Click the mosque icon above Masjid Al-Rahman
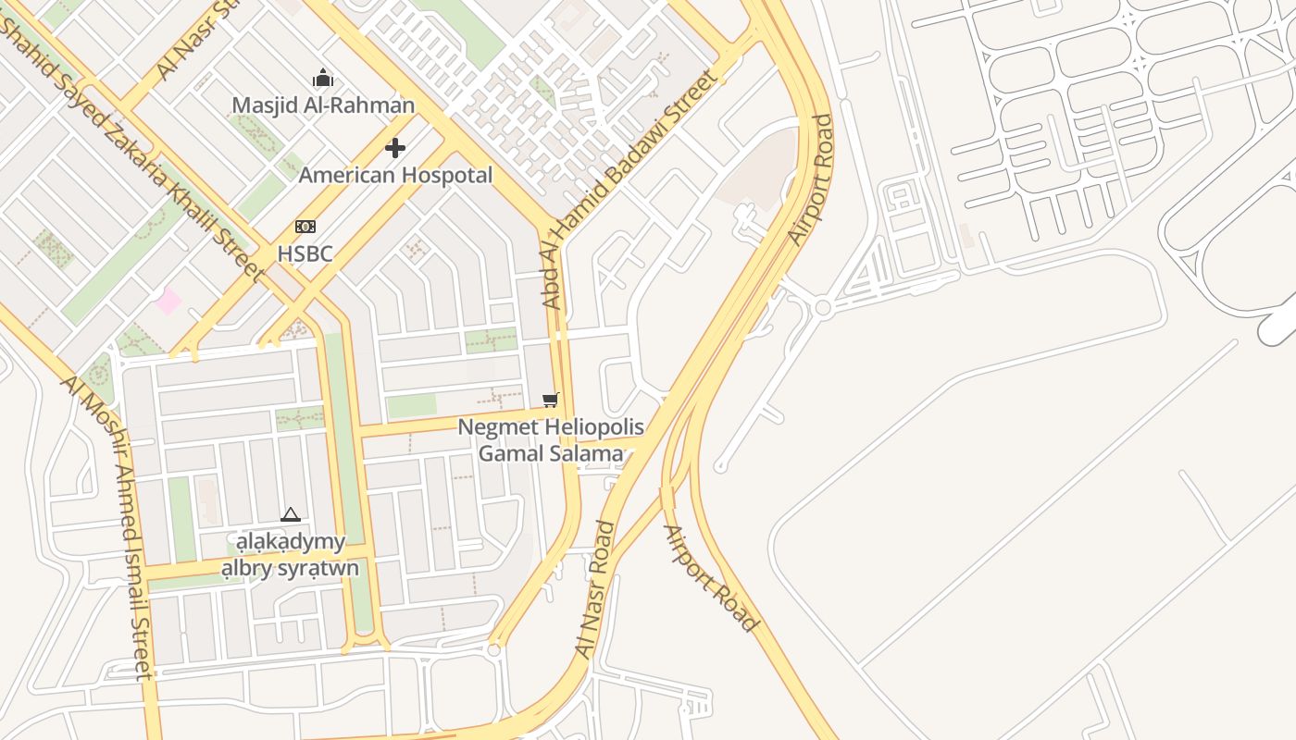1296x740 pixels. [322, 78]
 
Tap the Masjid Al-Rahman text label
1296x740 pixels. [323, 105]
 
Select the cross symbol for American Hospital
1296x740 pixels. [395, 148]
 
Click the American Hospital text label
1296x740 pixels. [395, 175]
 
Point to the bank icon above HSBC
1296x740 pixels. [305, 227]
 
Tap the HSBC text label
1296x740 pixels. [305, 253]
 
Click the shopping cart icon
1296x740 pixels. [551, 400]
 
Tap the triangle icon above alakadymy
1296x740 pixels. [291, 514]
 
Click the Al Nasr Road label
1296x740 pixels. [595, 590]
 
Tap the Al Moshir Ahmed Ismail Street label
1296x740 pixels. [107, 527]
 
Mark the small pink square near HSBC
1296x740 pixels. [168, 301]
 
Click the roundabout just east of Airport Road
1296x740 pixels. [822, 308]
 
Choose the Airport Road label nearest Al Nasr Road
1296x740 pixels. [711, 578]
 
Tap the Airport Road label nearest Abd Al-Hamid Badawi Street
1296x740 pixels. [811, 180]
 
